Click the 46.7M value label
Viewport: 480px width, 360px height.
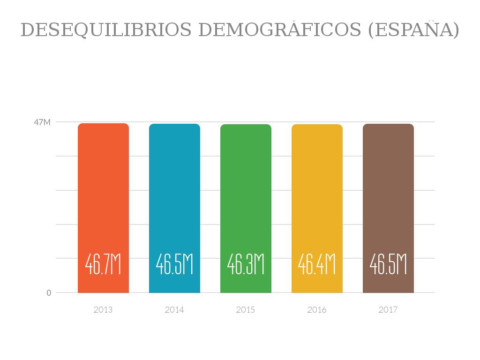point(103,264)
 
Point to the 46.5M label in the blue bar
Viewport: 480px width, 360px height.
point(174,264)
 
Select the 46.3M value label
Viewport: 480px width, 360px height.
point(246,264)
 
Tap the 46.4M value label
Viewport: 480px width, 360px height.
point(317,264)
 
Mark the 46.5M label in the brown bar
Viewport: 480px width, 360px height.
point(388,264)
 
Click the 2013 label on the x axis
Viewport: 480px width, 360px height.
point(103,310)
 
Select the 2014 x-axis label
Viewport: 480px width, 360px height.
point(174,310)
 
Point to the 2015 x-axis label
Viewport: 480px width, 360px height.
point(246,310)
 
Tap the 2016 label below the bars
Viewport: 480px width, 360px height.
point(317,310)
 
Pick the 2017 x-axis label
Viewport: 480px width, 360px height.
point(388,310)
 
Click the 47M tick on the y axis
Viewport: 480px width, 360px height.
point(42,122)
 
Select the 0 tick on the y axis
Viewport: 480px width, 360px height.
point(49,293)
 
